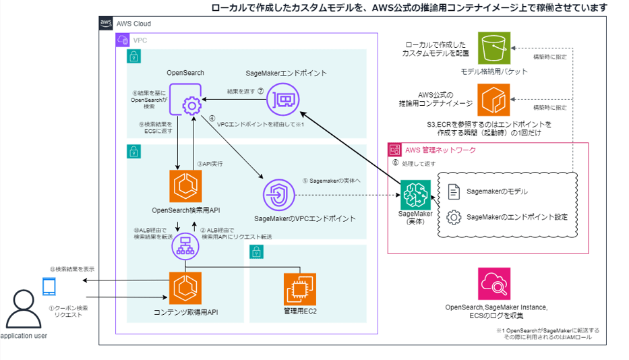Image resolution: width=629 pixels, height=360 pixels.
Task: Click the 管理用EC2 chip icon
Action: [300, 289]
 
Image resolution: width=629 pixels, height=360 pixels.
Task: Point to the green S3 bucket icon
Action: [494, 49]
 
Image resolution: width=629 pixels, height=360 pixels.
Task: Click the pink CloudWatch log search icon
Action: [493, 283]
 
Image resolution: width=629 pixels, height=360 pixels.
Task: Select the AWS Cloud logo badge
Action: [107, 23]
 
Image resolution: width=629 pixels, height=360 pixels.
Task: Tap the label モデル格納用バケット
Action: [494, 71]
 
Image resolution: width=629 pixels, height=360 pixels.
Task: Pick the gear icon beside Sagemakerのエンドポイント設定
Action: [454, 217]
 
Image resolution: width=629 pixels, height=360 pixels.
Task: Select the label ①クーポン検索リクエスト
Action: [69, 311]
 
